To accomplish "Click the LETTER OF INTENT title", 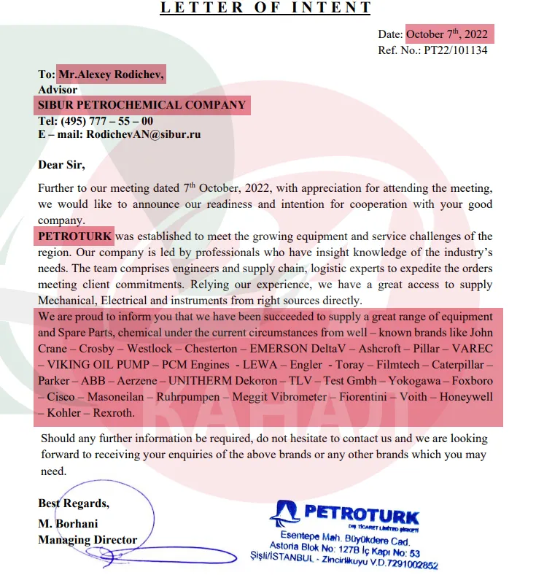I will pos(265,8).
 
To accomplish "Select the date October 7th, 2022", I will pos(450,34).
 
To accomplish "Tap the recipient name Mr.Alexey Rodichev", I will pos(112,74).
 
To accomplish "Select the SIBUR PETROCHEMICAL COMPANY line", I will pos(142,105).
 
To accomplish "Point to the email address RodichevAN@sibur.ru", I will pos(144,134).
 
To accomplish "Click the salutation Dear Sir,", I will pos(61,165).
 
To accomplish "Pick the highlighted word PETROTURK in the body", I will pos(75,236).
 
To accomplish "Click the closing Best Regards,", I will pos(74,503).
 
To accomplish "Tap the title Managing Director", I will pos(88,540).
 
